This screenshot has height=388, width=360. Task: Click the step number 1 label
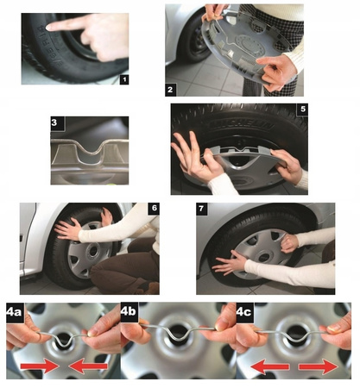(124, 79)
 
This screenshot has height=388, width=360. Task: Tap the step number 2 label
(170, 90)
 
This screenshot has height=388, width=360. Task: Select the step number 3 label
(54, 122)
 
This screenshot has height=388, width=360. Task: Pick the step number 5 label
(303, 110)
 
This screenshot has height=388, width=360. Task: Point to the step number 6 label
(155, 209)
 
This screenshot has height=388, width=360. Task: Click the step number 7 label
(201, 209)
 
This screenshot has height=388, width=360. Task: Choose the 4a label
(15, 312)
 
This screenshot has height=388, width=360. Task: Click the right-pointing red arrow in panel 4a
(40, 366)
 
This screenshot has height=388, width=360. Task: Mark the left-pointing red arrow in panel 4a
(88, 366)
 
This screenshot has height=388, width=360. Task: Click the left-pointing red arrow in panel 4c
(270, 367)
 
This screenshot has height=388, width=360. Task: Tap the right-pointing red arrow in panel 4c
(319, 367)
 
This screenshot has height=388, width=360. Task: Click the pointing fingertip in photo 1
(49, 28)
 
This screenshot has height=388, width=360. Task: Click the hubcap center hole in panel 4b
(178, 333)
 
